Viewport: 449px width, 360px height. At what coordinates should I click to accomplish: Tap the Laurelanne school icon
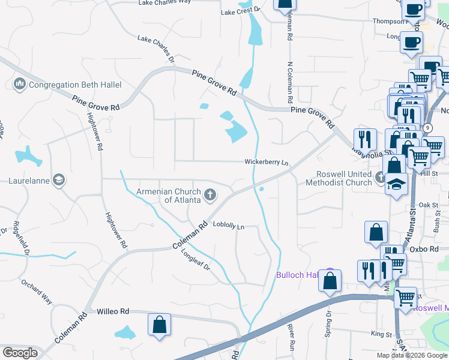(x=59, y=180)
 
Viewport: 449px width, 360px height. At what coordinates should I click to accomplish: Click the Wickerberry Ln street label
(x=266, y=162)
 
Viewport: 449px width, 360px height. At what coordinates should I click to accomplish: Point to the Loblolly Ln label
(x=229, y=227)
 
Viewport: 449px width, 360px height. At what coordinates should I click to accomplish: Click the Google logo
(x=20, y=353)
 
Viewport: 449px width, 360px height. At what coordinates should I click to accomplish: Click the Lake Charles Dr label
(x=155, y=49)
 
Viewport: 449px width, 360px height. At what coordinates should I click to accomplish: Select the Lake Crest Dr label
(x=240, y=11)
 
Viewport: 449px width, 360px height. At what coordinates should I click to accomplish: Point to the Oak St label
(x=429, y=205)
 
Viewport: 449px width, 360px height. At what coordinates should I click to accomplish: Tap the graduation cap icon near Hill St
(x=396, y=183)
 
